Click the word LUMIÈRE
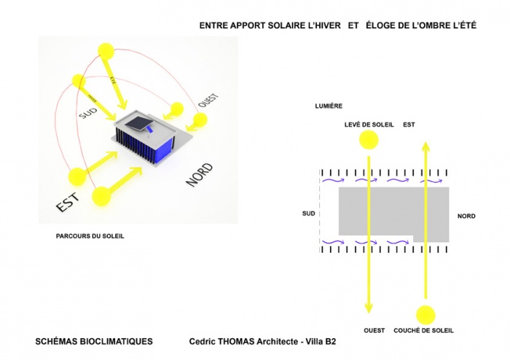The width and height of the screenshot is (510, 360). [x=329, y=106]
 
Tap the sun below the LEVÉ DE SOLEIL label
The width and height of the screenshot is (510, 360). [x=369, y=142]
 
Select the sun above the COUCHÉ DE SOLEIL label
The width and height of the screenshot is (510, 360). [x=425, y=315]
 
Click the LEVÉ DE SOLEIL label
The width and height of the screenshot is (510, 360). [x=369, y=125]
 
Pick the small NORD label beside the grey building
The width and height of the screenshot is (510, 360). [x=466, y=216]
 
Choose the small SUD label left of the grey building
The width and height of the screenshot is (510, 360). [x=309, y=214]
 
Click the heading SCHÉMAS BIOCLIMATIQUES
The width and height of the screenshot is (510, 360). [x=94, y=341]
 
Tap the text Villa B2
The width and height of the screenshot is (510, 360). [x=321, y=341]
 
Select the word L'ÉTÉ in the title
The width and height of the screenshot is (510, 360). [x=460, y=26]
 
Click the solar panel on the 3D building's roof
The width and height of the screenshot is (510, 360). [x=141, y=120]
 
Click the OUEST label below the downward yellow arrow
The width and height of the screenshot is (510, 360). [x=374, y=330]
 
